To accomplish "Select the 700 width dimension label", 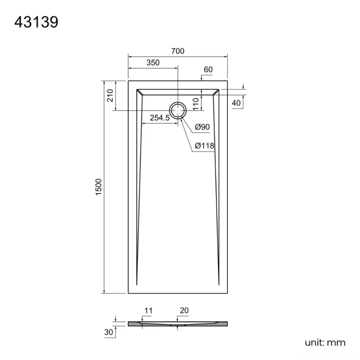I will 177,51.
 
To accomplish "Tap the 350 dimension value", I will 153,63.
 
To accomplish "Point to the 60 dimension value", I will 208,70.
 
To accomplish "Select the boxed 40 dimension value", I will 236,103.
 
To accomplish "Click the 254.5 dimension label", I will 160,117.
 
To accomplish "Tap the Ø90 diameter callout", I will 202,127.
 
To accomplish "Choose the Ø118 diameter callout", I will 204,146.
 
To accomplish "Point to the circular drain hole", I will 178,110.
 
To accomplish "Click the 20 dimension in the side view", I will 184,311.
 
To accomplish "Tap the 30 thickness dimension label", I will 109,332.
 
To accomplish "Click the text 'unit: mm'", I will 325,343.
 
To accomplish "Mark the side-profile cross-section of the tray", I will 177,323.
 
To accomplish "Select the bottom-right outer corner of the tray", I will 227,294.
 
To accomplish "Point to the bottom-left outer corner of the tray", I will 128,294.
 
